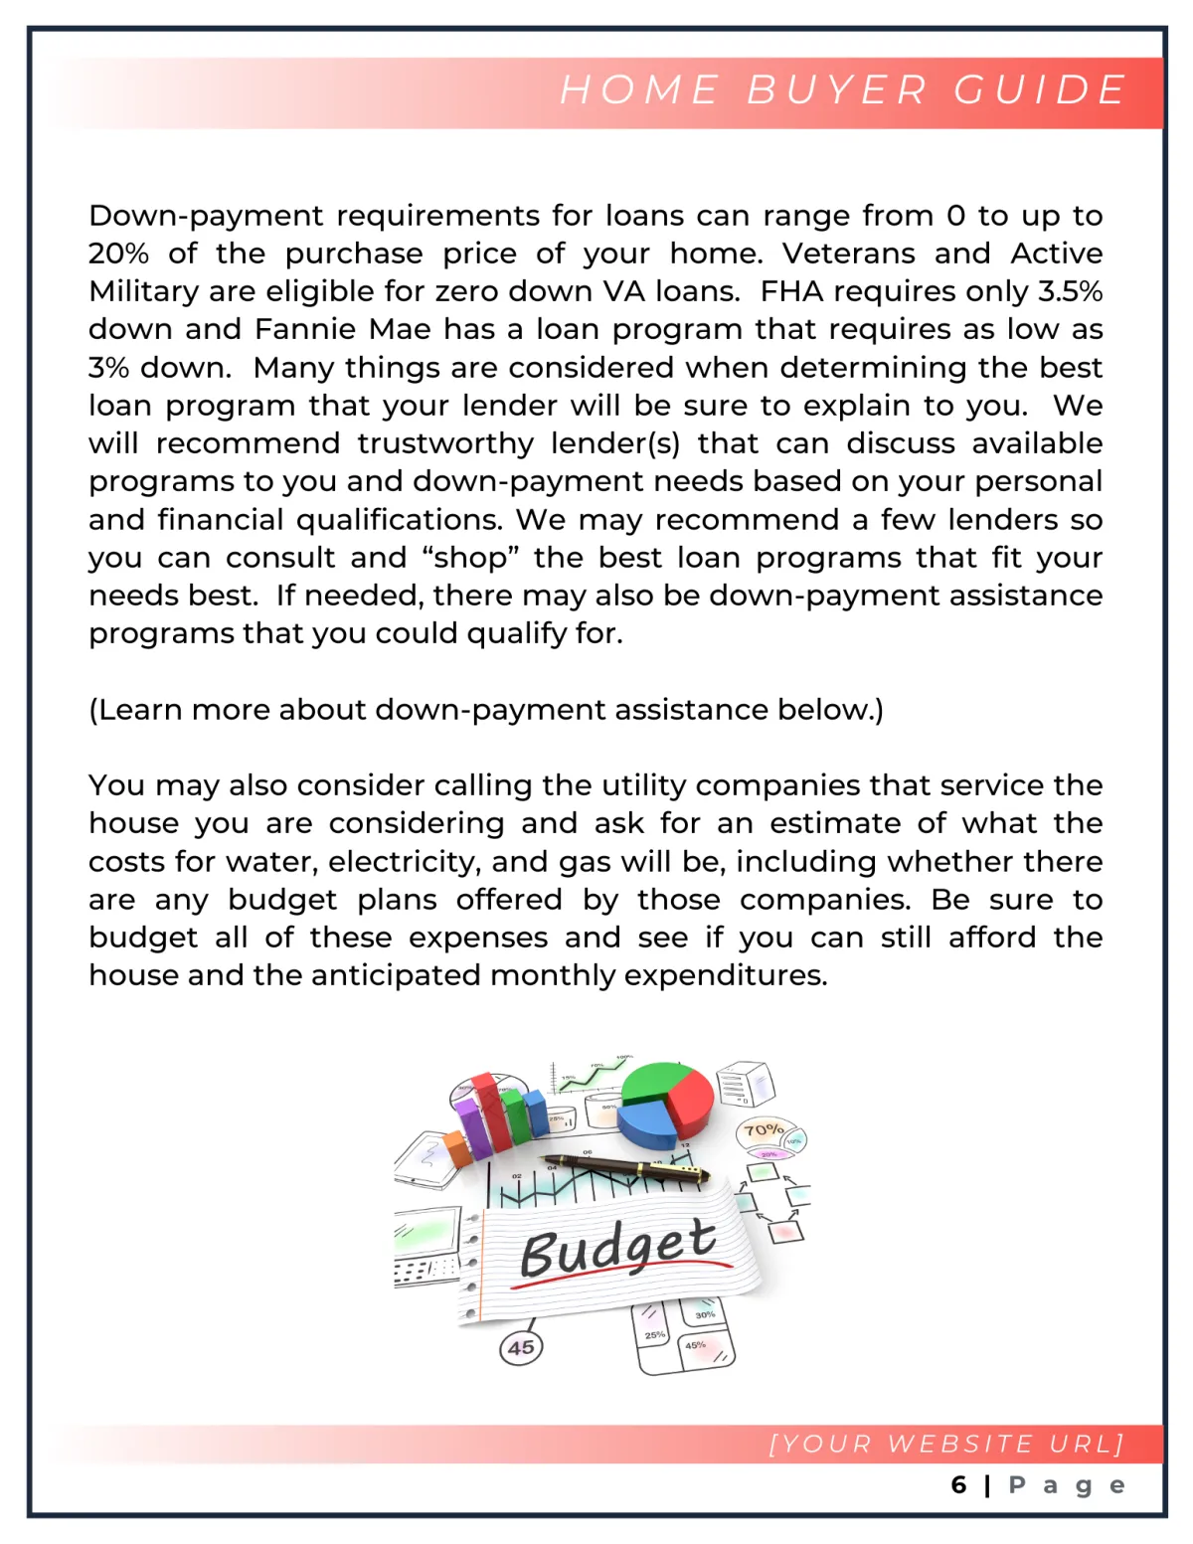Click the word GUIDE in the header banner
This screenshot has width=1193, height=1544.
(1040, 89)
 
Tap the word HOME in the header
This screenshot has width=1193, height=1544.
(639, 89)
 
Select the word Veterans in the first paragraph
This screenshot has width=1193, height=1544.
(848, 254)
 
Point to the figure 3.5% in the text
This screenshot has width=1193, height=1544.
(1071, 291)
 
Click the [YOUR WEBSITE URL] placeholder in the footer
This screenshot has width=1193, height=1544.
(946, 1444)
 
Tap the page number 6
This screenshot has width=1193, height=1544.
(958, 1485)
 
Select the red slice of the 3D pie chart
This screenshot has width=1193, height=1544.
(691, 1099)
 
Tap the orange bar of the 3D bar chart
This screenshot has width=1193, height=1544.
(458, 1151)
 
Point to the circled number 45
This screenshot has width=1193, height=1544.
(521, 1348)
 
